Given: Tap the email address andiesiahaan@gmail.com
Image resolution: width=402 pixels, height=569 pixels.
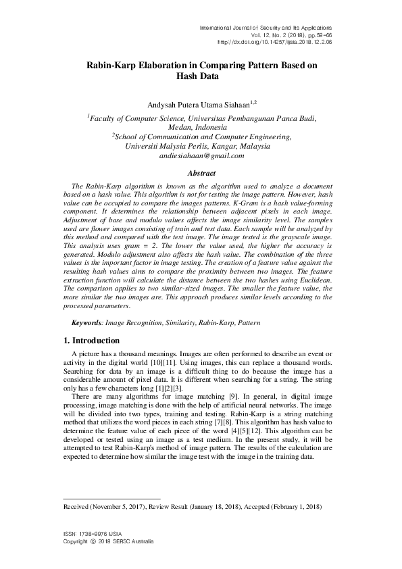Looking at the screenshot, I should (x=201, y=156).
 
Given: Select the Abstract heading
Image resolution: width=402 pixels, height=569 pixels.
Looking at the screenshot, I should (x=201, y=174).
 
